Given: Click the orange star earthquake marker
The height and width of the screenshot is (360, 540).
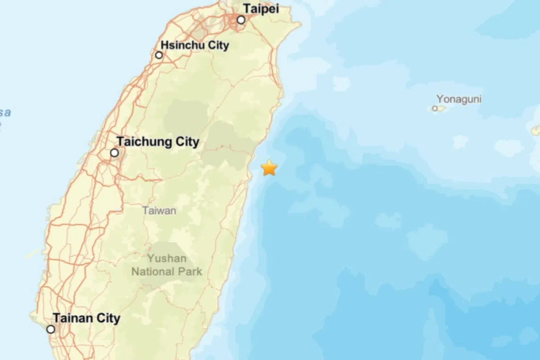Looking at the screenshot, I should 269,168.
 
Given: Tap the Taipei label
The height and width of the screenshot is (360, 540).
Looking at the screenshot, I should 261,8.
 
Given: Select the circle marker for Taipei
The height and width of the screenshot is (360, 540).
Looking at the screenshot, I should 241,20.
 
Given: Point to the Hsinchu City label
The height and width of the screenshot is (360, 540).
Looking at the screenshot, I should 195,45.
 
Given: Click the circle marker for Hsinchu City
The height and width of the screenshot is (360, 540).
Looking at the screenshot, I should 159,55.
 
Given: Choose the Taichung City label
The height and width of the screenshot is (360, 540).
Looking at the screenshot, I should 158,142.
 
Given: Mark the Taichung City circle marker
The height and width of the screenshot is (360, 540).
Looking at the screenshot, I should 114,153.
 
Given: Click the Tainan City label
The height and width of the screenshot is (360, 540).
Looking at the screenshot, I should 86,318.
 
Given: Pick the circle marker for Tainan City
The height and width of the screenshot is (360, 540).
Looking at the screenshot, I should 51,329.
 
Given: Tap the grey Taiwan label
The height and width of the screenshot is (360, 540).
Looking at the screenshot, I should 159,210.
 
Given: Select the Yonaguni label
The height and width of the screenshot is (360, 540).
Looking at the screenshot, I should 459,99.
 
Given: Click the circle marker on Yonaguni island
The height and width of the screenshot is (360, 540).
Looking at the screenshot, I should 435,108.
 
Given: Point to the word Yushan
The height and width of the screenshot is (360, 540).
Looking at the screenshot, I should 167,259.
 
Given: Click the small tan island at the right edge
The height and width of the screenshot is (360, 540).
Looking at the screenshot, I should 535,130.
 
